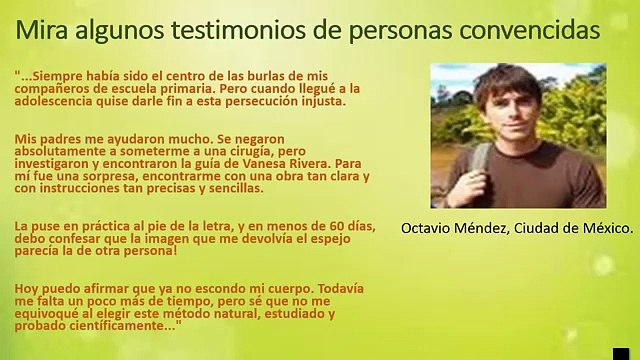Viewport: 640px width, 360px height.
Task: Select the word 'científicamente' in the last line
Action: pyautogui.click(x=123, y=326)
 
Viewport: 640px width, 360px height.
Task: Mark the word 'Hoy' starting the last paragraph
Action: pyautogui.click(x=26, y=288)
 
